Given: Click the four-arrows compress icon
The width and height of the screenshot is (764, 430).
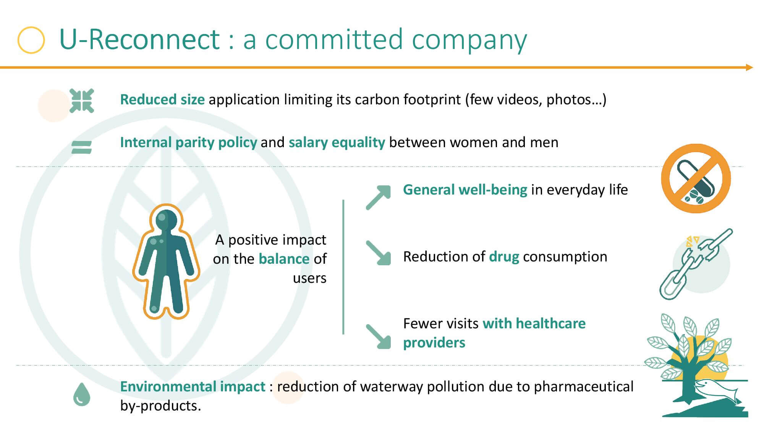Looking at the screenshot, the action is click(82, 101).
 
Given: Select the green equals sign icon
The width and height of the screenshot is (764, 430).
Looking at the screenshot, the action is click(82, 147).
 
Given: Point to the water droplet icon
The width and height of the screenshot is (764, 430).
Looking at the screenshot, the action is click(81, 394).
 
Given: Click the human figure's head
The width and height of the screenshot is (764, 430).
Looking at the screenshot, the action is click(166, 220).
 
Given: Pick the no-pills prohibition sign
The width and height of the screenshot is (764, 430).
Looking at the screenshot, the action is click(696, 178).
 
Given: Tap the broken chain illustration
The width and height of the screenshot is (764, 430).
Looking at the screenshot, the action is click(696, 264).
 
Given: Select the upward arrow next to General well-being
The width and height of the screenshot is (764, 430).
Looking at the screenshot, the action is click(379, 198).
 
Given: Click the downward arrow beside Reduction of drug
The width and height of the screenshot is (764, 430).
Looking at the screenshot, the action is click(379, 253).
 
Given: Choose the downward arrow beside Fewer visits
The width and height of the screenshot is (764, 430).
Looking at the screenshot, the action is click(379, 336).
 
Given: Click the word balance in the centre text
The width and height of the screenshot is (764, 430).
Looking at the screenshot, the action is click(284, 259).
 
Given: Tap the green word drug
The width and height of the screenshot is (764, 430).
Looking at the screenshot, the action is click(504, 257).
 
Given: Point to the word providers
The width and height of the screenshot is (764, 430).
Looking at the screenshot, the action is click(434, 343).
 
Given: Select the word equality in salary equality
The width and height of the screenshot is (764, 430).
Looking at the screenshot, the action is click(358, 143).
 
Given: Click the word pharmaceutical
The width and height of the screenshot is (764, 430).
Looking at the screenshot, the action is click(583, 386).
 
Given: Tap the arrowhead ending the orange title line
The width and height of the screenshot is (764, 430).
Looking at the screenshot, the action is click(749, 68).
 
